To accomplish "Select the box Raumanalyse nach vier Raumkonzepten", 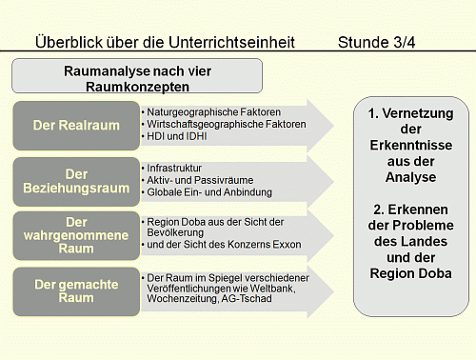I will (137, 77).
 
